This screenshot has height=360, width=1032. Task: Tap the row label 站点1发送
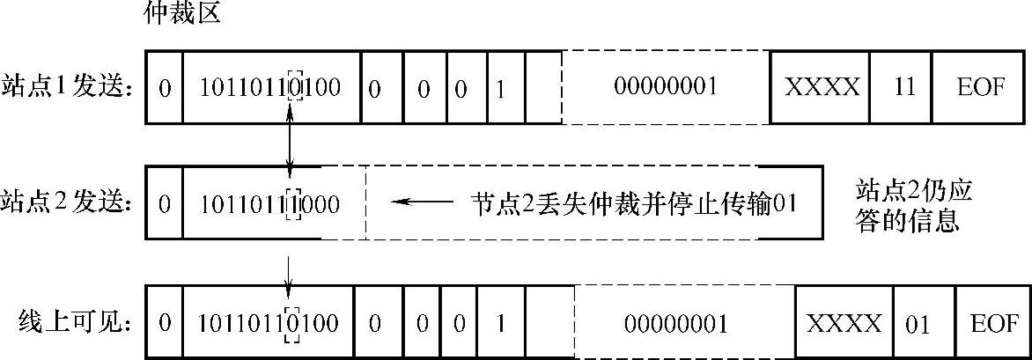[69, 87]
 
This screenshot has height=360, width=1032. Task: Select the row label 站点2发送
[69, 203]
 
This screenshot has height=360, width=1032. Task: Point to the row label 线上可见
[75, 323]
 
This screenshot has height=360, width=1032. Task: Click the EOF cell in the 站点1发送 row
[979, 87]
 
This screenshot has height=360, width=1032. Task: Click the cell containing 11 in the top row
[903, 87]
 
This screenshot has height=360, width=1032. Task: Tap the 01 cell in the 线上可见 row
[918, 323]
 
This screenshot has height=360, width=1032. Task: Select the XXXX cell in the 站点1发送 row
[821, 87]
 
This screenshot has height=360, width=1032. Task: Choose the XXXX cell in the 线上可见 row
[844, 323]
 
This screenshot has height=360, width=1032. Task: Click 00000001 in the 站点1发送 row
[666, 87]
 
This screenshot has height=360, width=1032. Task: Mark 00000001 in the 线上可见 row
[676, 323]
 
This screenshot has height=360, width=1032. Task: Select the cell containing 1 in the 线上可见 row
[499, 323]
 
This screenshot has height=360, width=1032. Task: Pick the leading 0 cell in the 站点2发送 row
[164, 203]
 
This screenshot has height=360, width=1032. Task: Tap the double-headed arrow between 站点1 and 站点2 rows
[291, 143]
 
